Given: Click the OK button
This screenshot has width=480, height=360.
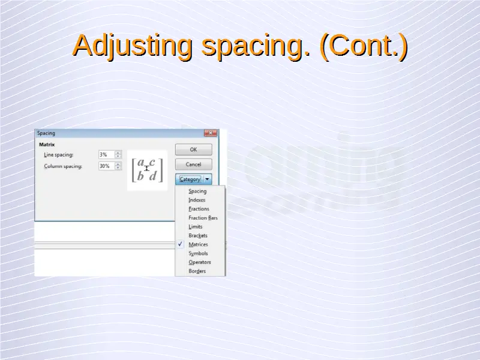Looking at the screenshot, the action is click(x=193, y=149).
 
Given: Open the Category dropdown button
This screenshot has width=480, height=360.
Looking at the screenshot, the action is click(x=193, y=179).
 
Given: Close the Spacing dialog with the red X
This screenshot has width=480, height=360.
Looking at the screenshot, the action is click(x=211, y=133).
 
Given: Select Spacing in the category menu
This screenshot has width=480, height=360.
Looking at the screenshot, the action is click(x=197, y=191).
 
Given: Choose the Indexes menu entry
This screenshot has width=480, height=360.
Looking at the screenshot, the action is click(x=197, y=200).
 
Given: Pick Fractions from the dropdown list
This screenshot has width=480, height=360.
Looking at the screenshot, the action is click(x=199, y=209).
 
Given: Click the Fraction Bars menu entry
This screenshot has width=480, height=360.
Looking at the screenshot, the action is click(x=203, y=218).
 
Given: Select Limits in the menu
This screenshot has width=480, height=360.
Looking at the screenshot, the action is click(x=196, y=227).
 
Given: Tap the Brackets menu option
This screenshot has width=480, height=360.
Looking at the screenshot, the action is click(x=198, y=235).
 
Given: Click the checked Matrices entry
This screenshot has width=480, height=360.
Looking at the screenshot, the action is click(x=198, y=244).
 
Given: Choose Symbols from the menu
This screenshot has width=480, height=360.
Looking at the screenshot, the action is click(x=198, y=253).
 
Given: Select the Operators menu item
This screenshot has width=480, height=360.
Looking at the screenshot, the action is click(x=200, y=262).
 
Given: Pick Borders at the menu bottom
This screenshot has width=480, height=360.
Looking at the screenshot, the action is click(x=197, y=271).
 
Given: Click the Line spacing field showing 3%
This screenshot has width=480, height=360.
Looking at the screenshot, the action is click(x=107, y=155).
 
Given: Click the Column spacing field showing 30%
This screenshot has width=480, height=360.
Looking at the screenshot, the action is click(x=107, y=166).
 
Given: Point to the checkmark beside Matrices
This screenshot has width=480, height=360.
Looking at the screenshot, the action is click(x=180, y=244).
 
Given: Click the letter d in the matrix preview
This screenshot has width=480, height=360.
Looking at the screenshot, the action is click(x=153, y=175).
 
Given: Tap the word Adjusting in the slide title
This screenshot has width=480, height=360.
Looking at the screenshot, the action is click(x=133, y=46).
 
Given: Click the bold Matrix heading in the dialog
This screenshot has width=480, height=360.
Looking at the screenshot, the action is click(x=47, y=145).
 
